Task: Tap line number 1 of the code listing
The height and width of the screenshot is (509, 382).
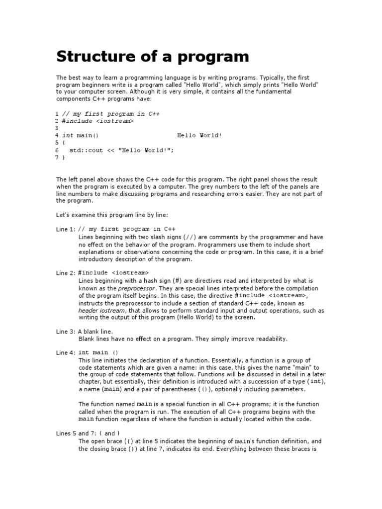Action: pos(57,114)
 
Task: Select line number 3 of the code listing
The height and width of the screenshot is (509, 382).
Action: pos(57,128)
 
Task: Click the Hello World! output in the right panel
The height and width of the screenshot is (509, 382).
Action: pos(199,135)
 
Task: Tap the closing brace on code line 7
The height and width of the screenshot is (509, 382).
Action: pos(64,157)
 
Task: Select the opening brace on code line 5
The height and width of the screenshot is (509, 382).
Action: pos(64,143)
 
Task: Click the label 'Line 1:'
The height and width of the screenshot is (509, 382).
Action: pos(66,230)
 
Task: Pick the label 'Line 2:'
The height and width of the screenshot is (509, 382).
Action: pos(66,273)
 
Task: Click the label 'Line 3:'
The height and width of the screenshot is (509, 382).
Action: pos(66,331)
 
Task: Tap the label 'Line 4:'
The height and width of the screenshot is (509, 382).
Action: pos(66,353)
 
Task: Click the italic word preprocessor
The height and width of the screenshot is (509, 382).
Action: pos(137,288)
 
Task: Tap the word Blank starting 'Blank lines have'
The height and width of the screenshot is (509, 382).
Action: pos(88,339)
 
